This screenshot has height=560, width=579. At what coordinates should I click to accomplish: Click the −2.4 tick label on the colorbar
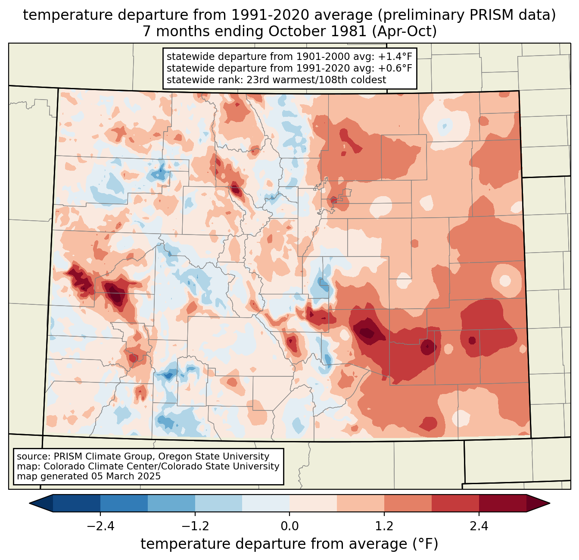click(x=100, y=526)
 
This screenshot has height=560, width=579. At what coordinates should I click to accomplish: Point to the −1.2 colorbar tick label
click(x=195, y=526)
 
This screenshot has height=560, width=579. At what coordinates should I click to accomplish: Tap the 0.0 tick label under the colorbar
click(x=289, y=526)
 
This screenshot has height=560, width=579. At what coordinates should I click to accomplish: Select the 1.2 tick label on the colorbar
click(x=384, y=526)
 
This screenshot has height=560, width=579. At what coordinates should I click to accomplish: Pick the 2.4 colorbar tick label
click(x=479, y=526)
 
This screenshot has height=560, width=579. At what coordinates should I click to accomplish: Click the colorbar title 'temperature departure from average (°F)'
click(x=289, y=544)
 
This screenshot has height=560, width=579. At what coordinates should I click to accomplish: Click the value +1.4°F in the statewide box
click(x=394, y=56)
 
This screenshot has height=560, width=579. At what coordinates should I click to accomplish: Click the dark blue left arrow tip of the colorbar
click(x=37, y=503)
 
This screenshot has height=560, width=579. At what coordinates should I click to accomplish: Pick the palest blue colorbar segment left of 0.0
click(x=266, y=503)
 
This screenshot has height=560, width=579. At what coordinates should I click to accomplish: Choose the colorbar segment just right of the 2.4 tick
click(x=502, y=503)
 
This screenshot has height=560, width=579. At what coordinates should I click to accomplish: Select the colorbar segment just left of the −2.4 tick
click(x=77, y=503)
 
